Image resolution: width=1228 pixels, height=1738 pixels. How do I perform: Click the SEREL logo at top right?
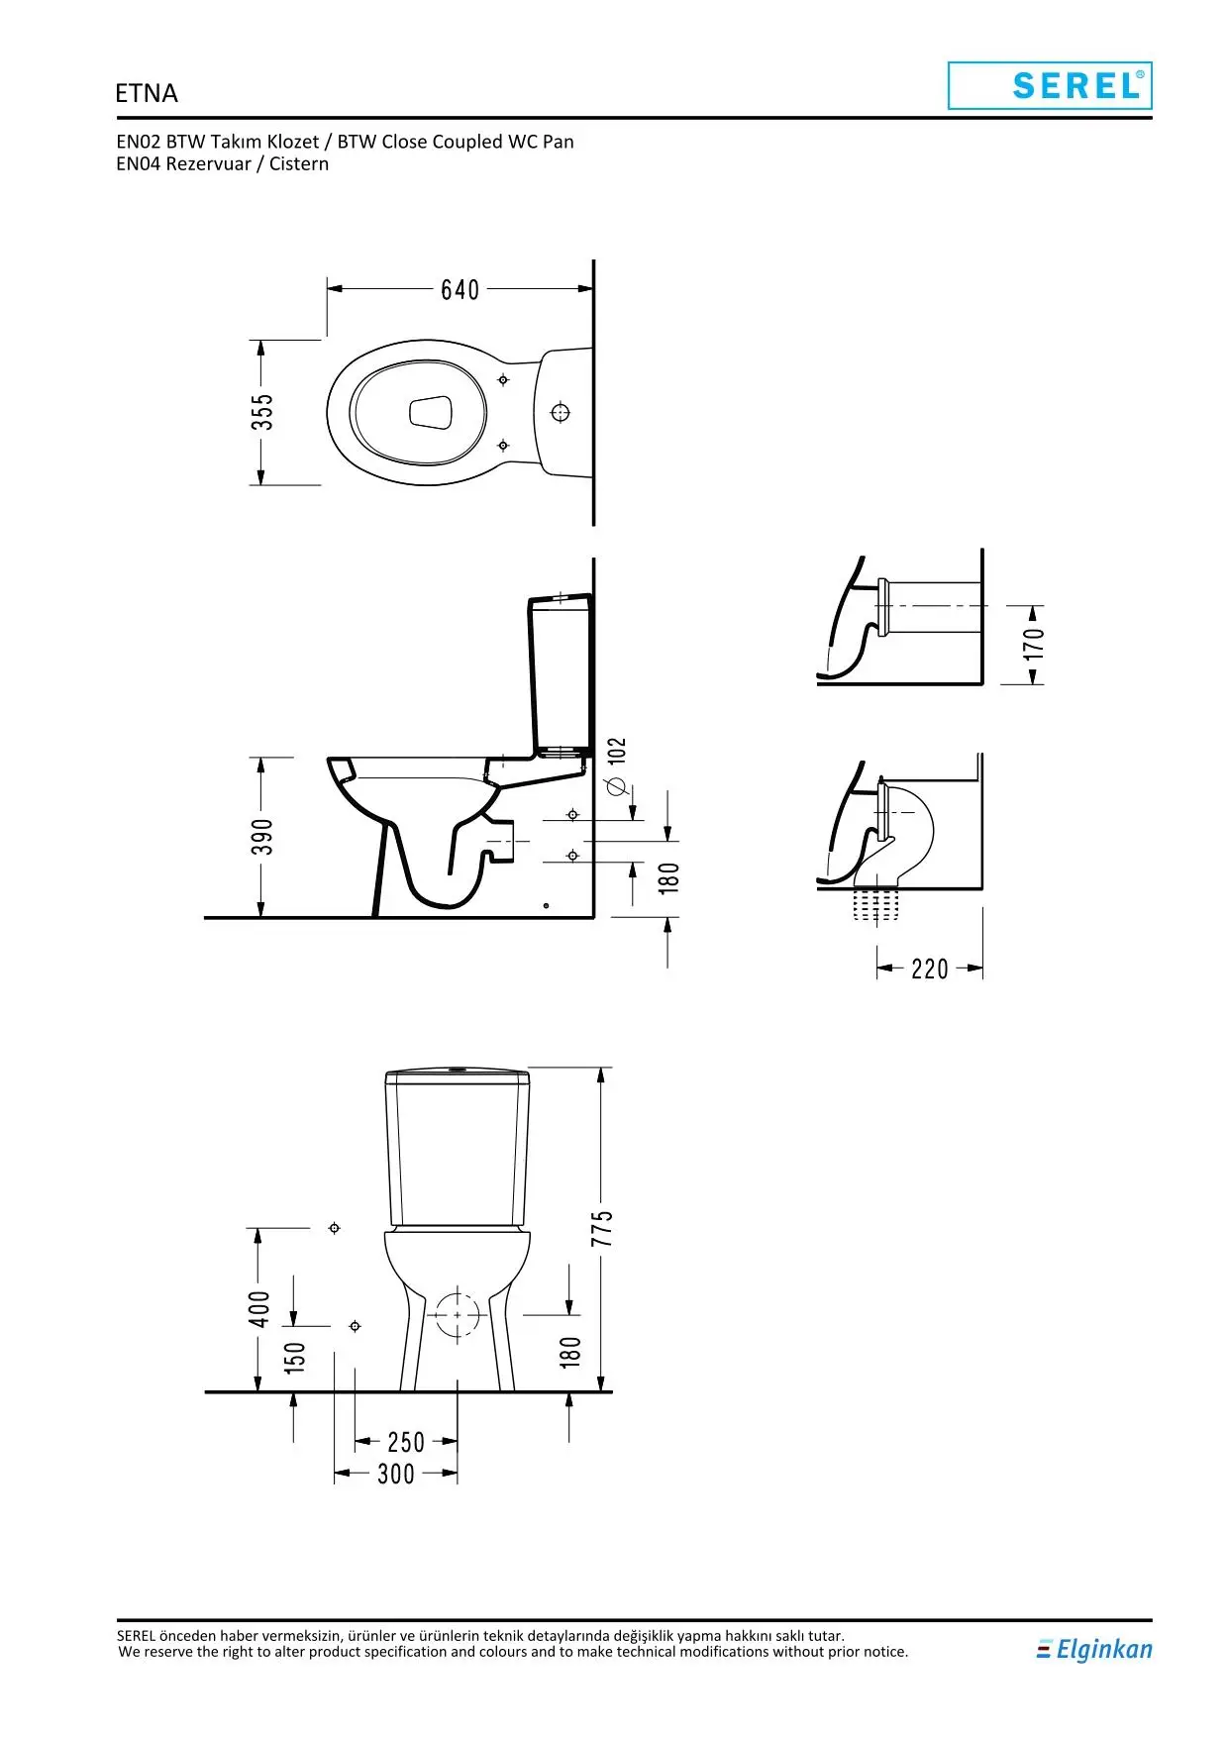tap(1050, 85)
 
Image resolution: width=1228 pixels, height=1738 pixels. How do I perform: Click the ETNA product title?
tap(147, 93)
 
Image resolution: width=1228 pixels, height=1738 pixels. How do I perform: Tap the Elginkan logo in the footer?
tap(1094, 1649)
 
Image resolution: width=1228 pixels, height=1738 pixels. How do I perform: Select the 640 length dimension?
tap(460, 289)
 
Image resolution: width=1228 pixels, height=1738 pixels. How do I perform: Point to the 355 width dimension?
tap(261, 412)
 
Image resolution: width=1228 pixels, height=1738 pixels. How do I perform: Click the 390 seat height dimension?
tap(261, 837)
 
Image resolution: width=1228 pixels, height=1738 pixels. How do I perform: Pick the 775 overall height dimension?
tap(602, 1228)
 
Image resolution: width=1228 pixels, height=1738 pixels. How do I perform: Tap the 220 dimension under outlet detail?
tap(930, 969)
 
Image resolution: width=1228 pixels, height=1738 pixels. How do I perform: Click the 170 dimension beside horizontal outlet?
tap(1033, 644)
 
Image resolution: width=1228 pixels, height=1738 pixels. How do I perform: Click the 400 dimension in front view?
tap(258, 1309)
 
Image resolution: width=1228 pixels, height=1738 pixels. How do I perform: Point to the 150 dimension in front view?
tap(295, 1357)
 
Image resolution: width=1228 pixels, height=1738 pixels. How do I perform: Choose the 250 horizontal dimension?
tap(406, 1442)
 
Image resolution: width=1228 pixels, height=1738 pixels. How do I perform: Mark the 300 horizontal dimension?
tap(396, 1474)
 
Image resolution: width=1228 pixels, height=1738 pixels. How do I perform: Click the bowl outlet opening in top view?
tap(431, 413)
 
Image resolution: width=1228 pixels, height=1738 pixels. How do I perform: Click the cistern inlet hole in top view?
tap(561, 412)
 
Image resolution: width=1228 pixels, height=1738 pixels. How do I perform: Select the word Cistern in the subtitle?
tap(299, 164)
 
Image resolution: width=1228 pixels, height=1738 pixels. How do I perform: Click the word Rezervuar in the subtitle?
tap(208, 164)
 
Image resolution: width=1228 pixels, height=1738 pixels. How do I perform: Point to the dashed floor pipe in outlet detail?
tap(876, 904)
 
